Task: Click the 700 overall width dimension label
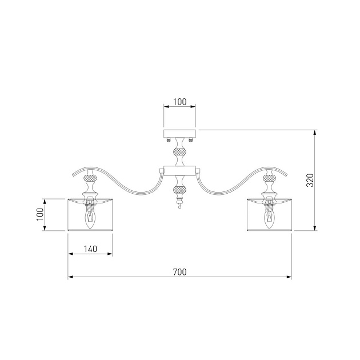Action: click(180, 272)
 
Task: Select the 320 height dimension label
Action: click(310, 181)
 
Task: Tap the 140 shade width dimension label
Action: click(90, 249)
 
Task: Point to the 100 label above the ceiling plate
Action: click(180, 102)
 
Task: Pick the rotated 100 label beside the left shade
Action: click(40, 214)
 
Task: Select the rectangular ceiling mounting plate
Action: click(179, 133)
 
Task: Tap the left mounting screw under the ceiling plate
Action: click(169, 139)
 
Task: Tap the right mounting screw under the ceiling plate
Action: click(190, 139)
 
